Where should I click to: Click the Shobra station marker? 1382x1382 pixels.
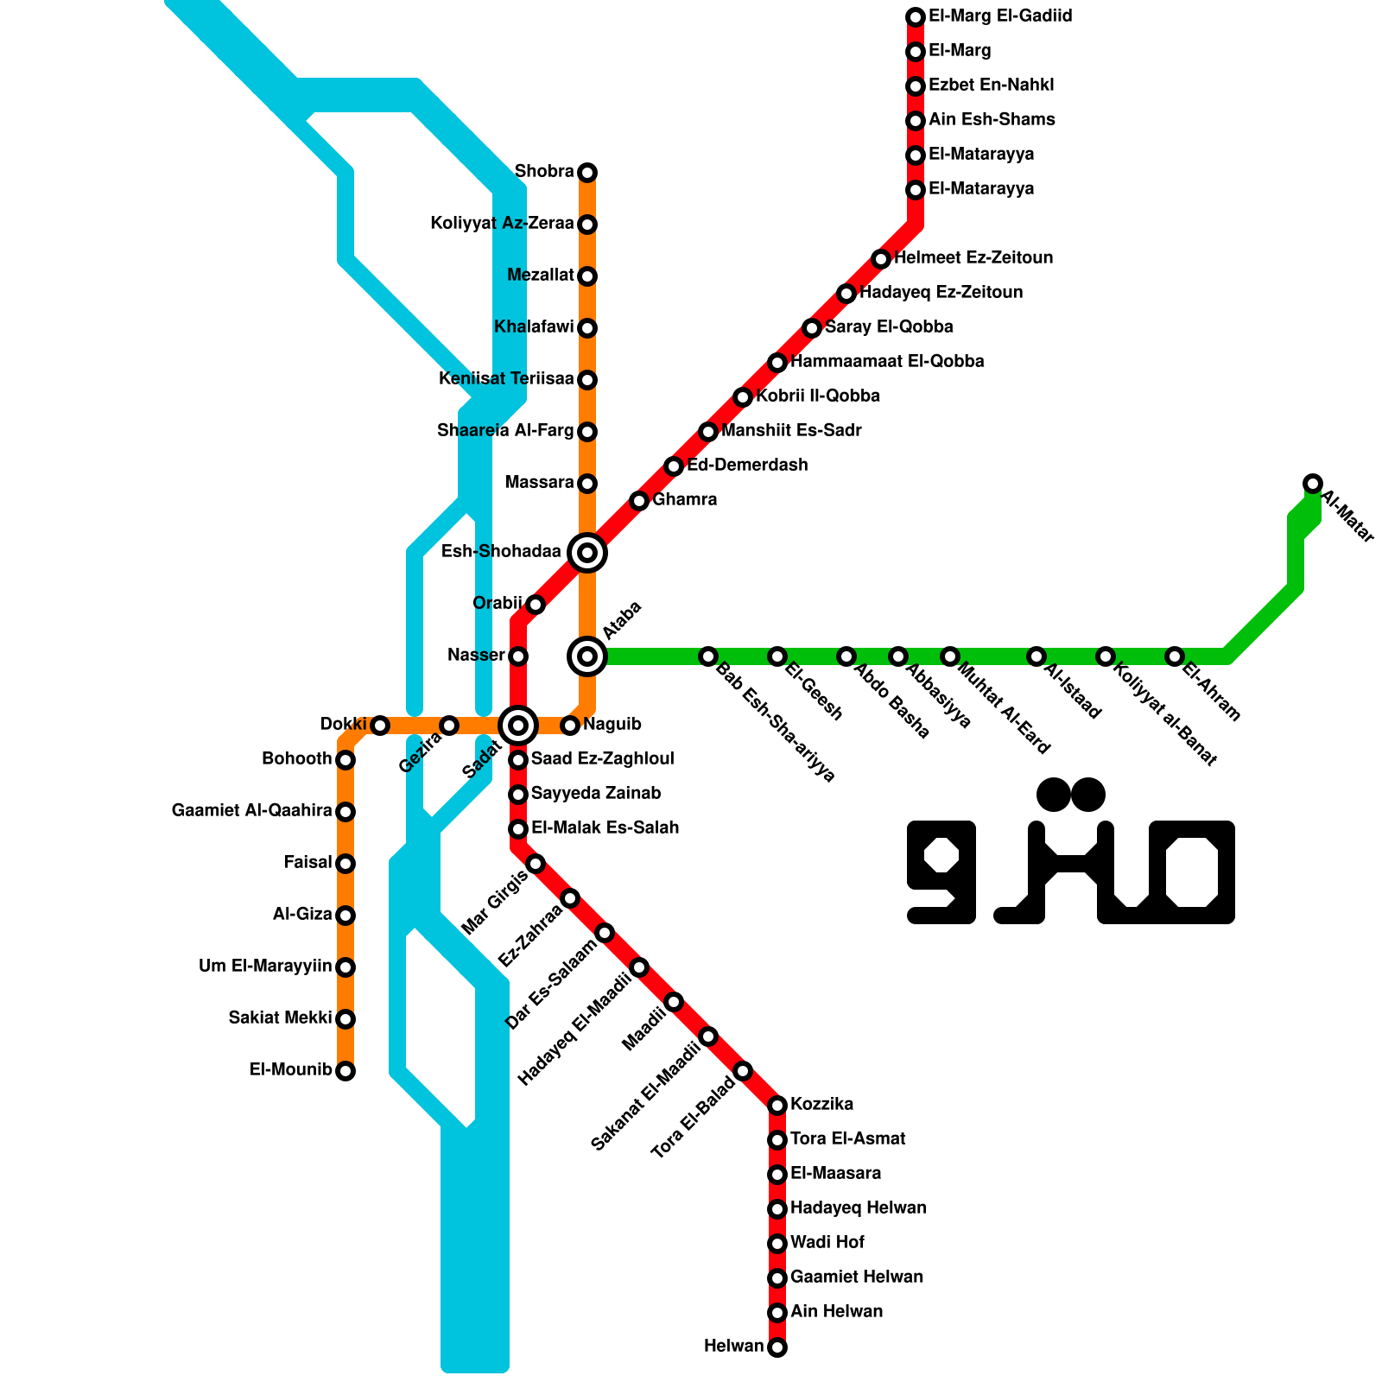(x=587, y=173)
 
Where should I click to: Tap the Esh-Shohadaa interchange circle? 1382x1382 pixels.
(x=587, y=553)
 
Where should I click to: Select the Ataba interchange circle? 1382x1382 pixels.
(x=587, y=656)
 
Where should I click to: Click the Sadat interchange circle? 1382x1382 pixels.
(x=518, y=726)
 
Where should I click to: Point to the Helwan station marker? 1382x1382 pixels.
(x=777, y=1347)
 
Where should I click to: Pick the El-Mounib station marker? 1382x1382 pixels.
(x=345, y=1071)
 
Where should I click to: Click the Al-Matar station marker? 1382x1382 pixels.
(x=1313, y=484)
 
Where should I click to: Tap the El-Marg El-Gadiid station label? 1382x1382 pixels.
(x=1000, y=16)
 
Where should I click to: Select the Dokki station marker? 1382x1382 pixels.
(x=380, y=726)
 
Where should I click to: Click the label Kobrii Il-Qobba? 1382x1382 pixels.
(x=817, y=396)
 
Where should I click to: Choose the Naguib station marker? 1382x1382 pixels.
(x=570, y=726)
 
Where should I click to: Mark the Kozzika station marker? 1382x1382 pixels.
(x=777, y=1106)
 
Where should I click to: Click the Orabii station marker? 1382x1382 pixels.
(x=536, y=605)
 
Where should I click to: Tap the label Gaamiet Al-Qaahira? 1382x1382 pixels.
(x=251, y=811)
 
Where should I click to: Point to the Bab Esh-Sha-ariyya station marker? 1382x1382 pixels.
(x=708, y=656)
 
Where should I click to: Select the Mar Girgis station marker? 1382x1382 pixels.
(x=536, y=864)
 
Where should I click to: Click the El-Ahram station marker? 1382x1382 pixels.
(x=1175, y=656)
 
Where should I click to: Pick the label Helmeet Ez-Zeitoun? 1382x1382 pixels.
(x=973, y=258)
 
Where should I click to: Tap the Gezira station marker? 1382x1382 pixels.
(x=449, y=726)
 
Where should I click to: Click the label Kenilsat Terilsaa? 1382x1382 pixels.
(x=506, y=379)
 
